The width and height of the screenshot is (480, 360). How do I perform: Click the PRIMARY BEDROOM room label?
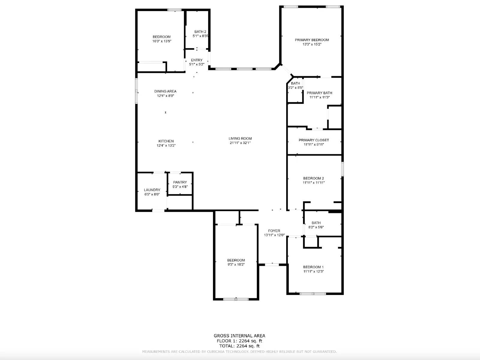click(x=312, y=40)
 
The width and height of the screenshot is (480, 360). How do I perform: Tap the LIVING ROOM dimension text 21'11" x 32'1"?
click(x=240, y=143)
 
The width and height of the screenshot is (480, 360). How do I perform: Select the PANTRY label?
click(x=180, y=182)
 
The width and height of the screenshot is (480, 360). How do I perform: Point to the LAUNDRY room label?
click(x=152, y=190)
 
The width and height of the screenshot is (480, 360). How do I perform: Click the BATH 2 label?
click(x=200, y=31)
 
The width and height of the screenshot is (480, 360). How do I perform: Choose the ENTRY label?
click(x=196, y=60)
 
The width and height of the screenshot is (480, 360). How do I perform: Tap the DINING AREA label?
click(x=165, y=91)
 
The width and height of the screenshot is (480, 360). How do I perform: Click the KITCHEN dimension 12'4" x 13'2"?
click(x=166, y=145)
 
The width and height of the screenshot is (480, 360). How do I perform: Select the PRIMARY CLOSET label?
click(x=313, y=140)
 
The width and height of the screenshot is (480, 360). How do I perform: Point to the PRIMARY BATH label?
click(x=319, y=93)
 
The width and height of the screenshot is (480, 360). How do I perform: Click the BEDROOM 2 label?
click(x=313, y=178)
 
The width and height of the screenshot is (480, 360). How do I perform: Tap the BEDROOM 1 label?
click(x=313, y=267)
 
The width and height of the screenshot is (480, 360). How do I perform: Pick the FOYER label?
click(x=274, y=231)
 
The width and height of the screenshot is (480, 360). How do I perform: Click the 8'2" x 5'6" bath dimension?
click(x=316, y=227)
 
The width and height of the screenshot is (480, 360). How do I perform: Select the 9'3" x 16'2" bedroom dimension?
click(x=236, y=265)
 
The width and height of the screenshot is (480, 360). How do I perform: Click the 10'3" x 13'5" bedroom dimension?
click(x=162, y=41)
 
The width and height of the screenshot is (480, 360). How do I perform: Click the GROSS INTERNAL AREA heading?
click(x=239, y=336)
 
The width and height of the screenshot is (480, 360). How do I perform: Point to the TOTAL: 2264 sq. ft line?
click(x=239, y=346)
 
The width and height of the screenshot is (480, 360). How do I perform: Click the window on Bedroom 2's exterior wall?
click(x=342, y=169)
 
